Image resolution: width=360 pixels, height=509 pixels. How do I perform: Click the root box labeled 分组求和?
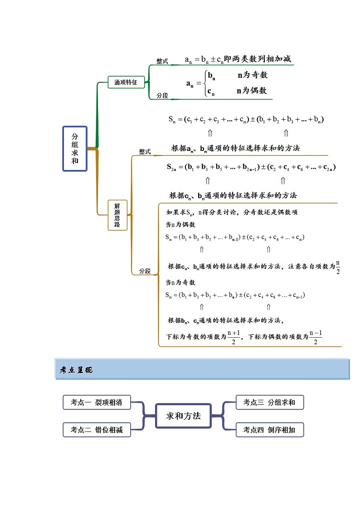coord(75,149)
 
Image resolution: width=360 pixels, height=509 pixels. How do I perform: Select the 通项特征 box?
coord(126,82)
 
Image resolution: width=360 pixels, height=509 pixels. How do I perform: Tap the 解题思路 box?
coord(117,214)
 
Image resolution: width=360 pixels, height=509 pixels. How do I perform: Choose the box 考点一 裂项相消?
coord(97,402)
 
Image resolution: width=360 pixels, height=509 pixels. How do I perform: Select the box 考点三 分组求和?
coord(269,402)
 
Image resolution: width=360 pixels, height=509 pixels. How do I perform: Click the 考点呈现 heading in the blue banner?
coord(76,370)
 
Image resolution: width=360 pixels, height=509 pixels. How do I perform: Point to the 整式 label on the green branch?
coord(162,61)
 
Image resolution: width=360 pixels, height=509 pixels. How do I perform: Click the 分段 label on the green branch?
coord(162,96)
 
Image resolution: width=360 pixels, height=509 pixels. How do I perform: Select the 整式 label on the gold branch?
coord(145,152)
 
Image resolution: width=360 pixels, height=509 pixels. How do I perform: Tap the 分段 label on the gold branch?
coord(145,271)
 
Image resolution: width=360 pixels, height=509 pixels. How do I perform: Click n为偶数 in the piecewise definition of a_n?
coord(252,90)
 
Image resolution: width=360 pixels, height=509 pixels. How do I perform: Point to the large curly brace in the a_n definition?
coord(205,83)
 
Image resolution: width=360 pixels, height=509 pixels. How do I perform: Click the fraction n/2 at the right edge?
coord(338,267)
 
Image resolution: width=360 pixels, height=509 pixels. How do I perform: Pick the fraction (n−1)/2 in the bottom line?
coord(316,337)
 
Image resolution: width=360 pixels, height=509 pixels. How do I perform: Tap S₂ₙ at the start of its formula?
coord(172,167)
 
